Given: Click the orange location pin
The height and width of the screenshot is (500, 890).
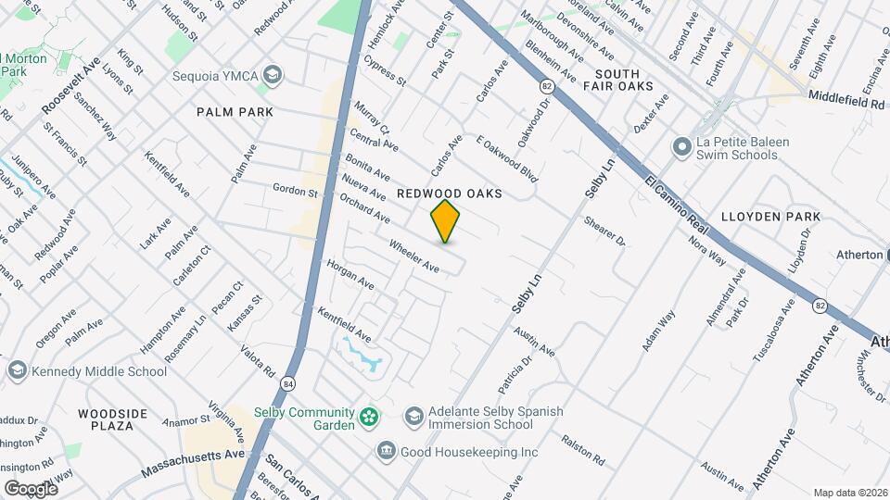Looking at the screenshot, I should tap(446, 221).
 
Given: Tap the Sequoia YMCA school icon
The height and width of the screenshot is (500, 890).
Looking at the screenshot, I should tap(272, 74).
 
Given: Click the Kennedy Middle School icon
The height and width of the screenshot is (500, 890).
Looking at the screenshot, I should tap(17, 371).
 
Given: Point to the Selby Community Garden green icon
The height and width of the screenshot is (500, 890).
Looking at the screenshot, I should tap(370, 419).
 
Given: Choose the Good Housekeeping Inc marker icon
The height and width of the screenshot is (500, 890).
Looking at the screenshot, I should tap(386, 452).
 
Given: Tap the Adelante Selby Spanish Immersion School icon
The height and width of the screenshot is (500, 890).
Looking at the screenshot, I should tap(413, 417).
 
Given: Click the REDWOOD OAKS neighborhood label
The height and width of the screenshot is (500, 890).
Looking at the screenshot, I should tap(449, 194).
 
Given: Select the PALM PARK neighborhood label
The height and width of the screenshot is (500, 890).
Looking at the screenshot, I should tap(235, 112).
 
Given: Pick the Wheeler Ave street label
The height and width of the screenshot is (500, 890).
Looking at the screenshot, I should tap(413, 256).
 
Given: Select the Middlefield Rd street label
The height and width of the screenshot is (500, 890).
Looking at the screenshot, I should tap(845, 96).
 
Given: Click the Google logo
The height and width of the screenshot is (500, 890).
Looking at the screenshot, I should tap(31, 488).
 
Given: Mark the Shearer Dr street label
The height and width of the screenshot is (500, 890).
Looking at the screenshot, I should tap(605, 232).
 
